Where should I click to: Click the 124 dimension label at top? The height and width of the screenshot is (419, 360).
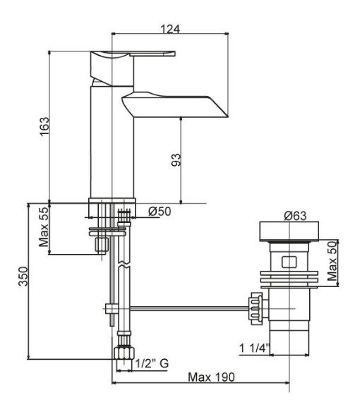(170, 29)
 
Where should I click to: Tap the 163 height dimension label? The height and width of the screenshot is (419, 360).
(44, 126)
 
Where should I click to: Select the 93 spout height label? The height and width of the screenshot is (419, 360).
(176, 160)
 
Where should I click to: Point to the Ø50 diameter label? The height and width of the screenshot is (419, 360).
(160, 212)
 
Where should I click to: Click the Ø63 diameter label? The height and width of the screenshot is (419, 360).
(295, 215)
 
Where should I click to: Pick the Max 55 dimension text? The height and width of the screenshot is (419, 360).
(44, 227)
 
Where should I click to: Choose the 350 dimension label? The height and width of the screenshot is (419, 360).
(23, 276)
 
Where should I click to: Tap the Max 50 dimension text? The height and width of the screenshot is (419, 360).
(332, 261)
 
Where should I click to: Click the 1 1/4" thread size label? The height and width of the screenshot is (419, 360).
(254, 348)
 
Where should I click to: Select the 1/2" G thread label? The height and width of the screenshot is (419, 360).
(152, 363)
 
